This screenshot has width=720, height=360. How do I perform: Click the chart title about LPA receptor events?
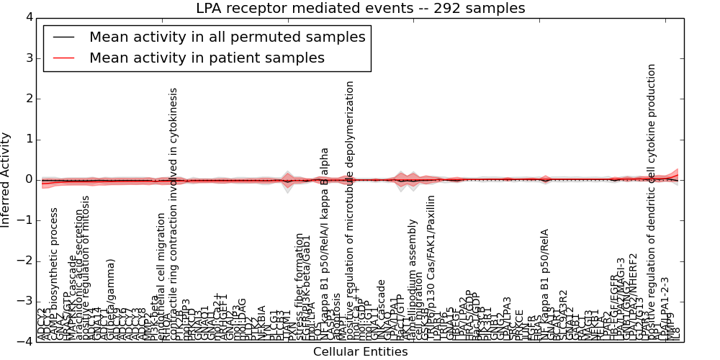[x=360, y=8]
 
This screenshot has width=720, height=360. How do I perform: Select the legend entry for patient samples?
[x=207, y=58]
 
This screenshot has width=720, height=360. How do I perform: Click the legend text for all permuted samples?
[x=227, y=37]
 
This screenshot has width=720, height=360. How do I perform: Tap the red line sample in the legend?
[x=63, y=58]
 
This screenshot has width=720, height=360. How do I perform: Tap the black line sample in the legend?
[x=63, y=37]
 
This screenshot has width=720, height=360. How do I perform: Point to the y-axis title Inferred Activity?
[x=6, y=180]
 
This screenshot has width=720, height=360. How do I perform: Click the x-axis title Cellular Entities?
[x=360, y=352]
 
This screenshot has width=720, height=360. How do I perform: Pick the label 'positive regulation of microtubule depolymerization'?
[x=351, y=210]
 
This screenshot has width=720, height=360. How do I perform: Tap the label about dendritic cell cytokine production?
[x=652, y=202]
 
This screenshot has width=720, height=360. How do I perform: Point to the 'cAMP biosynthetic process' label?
[x=55, y=274]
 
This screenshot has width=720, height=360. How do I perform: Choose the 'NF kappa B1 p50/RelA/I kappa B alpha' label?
[x=325, y=244]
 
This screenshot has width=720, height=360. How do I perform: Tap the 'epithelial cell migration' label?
[x=161, y=276]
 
